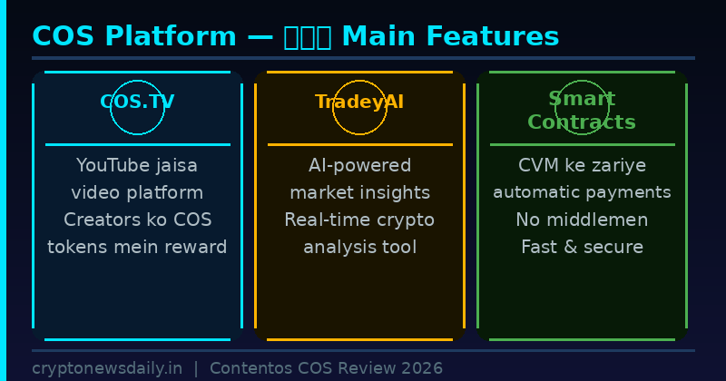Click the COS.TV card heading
(137, 102)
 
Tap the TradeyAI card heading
(359, 102)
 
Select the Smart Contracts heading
(582, 111)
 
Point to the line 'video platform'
(137, 192)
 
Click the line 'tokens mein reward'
(137, 247)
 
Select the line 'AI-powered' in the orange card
(359, 165)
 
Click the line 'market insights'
(359, 192)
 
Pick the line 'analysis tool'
(359, 247)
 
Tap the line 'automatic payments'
(582, 192)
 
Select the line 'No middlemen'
(582, 220)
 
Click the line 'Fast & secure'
(582, 247)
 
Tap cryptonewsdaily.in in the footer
(107, 368)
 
